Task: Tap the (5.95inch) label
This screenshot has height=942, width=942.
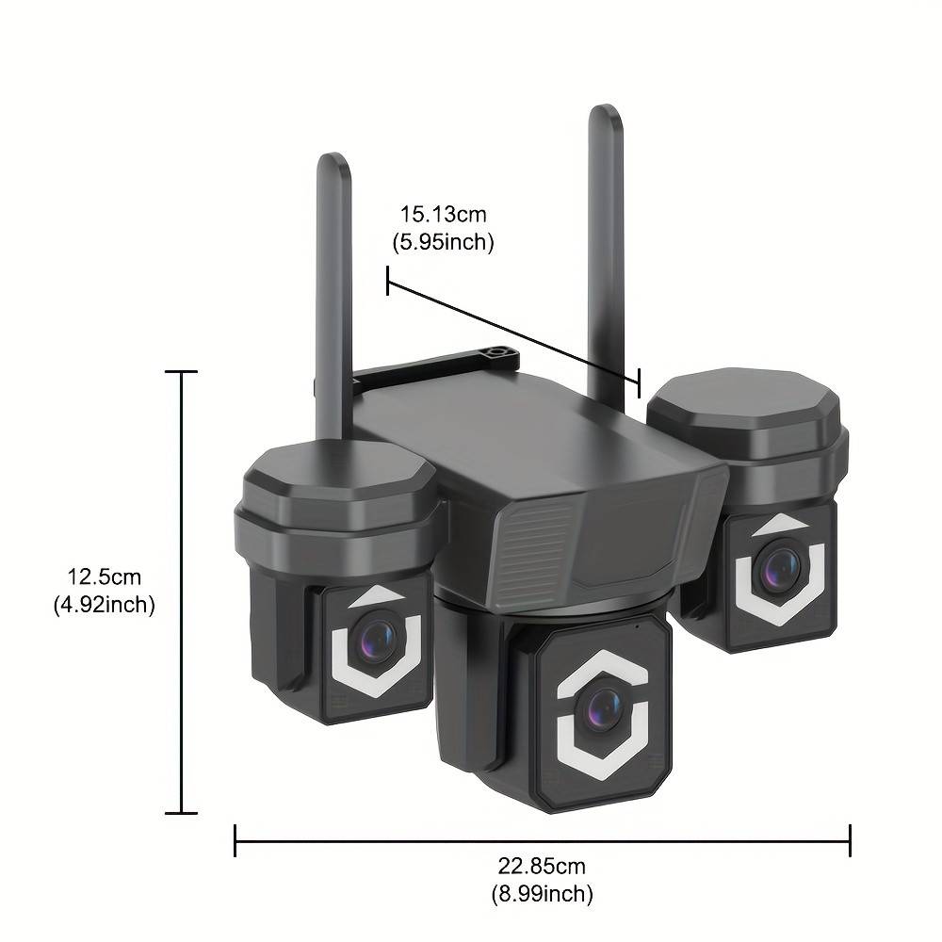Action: click(x=443, y=242)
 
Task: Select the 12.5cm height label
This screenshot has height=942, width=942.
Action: click(x=104, y=577)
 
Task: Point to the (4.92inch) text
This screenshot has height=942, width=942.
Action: click(x=104, y=604)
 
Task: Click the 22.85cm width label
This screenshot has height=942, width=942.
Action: click(x=542, y=866)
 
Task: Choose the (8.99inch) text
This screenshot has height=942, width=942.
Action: click(x=542, y=893)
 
